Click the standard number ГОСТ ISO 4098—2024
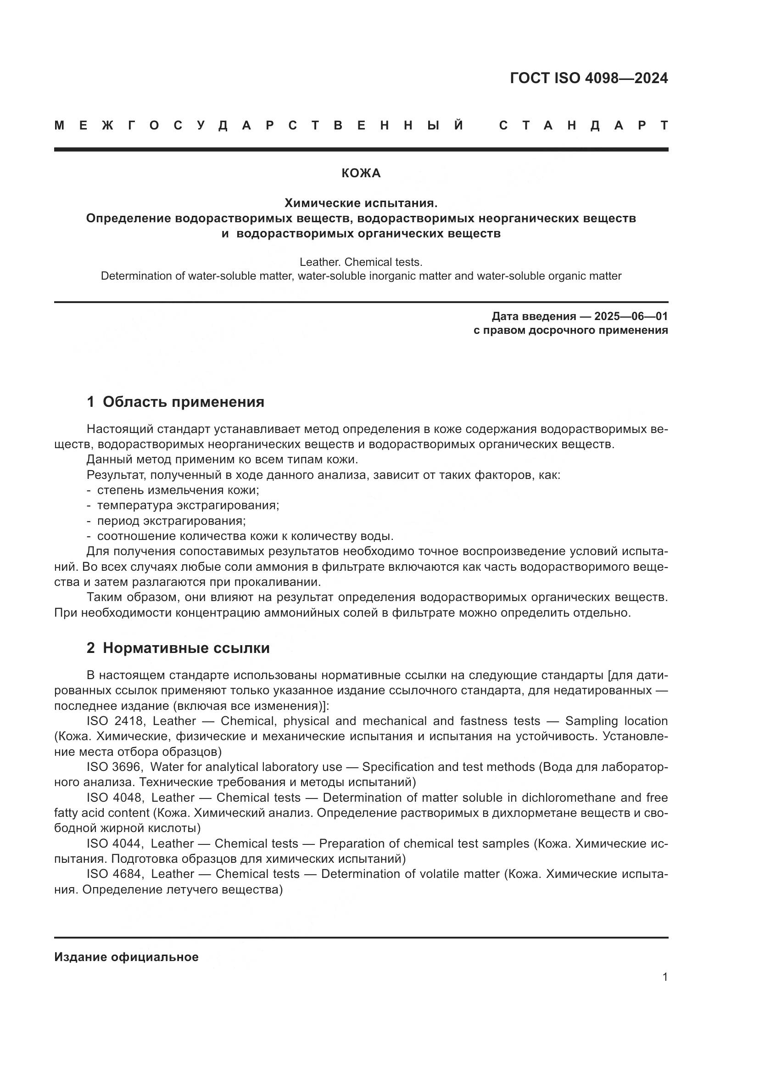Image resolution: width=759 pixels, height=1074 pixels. (x=588, y=78)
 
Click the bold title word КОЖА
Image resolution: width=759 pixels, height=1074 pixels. (x=361, y=174)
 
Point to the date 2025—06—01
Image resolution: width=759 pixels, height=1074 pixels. (x=631, y=316)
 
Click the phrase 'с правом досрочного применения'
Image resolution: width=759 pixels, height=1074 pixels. (x=570, y=331)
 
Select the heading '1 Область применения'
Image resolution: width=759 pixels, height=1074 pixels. (x=175, y=402)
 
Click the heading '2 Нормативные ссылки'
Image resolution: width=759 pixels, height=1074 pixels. (x=178, y=648)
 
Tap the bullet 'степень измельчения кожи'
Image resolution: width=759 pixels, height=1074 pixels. (x=178, y=490)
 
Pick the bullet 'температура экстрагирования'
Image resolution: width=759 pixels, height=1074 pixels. (x=188, y=505)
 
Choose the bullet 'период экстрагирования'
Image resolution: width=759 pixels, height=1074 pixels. (x=171, y=521)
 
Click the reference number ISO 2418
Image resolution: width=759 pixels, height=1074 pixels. (x=115, y=721)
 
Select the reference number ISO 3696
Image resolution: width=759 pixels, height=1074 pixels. (x=115, y=767)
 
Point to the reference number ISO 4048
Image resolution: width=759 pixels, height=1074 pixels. (x=115, y=798)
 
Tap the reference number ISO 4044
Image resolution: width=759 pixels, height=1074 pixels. (x=115, y=843)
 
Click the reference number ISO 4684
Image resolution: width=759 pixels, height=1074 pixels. (x=115, y=874)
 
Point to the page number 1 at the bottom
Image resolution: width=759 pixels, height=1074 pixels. (x=664, y=977)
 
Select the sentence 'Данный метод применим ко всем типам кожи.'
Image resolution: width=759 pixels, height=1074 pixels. (x=222, y=459)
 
